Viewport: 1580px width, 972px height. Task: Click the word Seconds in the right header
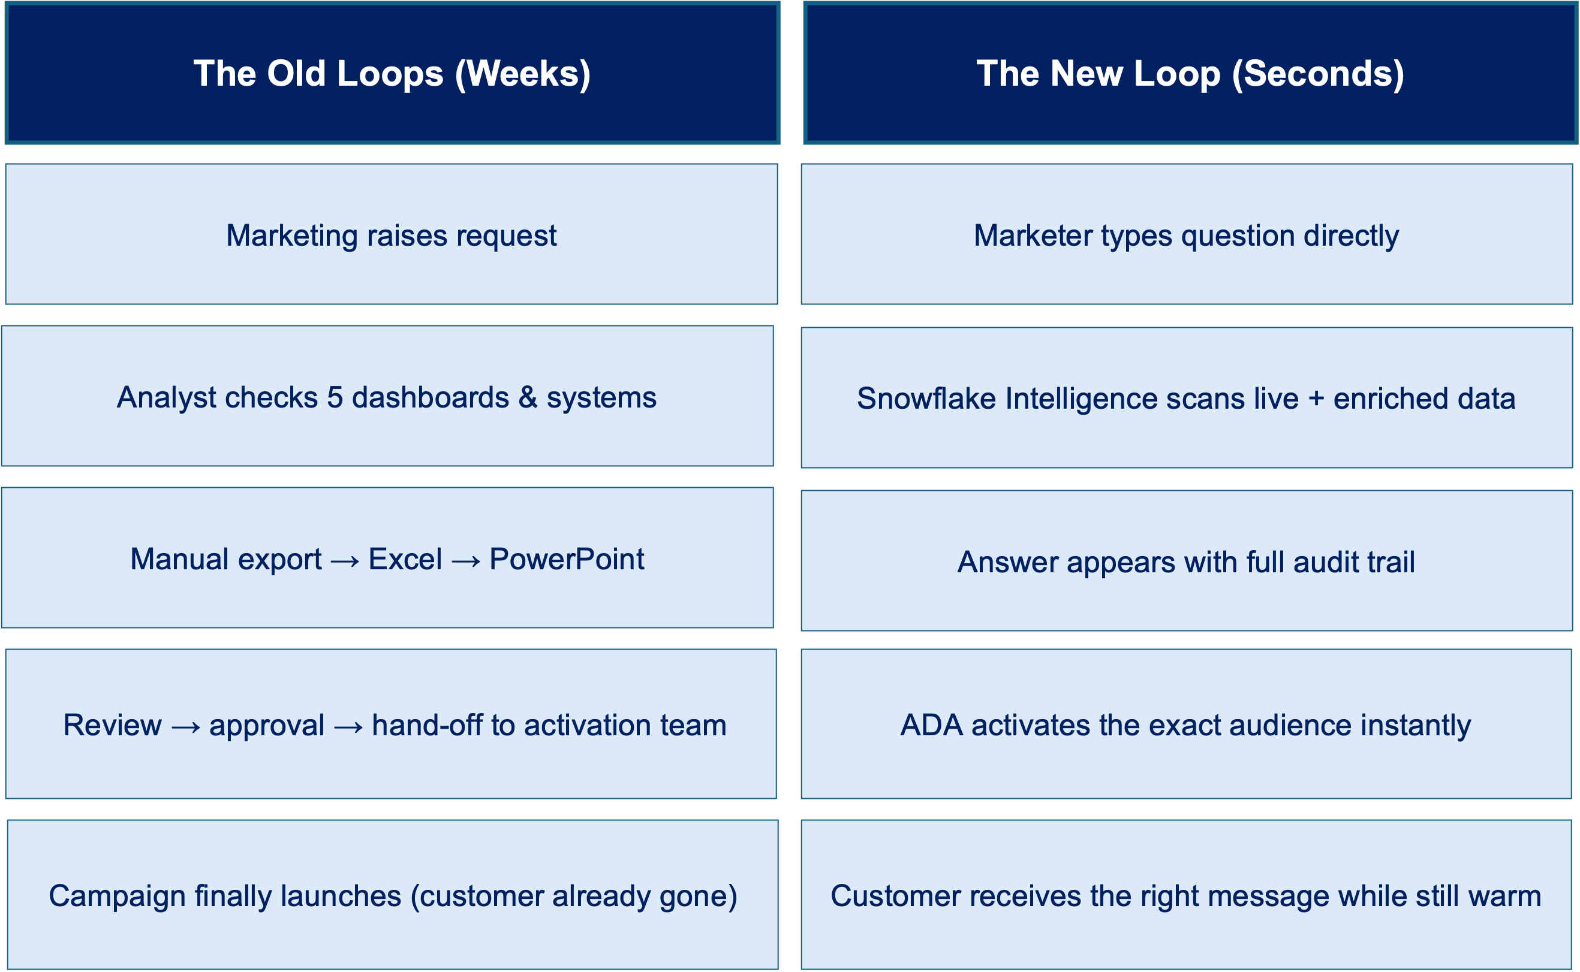click(1319, 74)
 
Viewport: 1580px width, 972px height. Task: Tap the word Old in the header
click(296, 74)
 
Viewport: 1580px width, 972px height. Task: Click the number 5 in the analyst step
click(335, 398)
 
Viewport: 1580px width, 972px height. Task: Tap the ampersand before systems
click(528, 398)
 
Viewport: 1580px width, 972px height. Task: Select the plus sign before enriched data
click(1316, 399)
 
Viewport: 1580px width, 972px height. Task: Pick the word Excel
click(405, 560)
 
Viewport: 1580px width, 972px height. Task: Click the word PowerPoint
click(567, 560)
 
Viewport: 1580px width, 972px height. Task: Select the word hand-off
click(427, 726)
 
